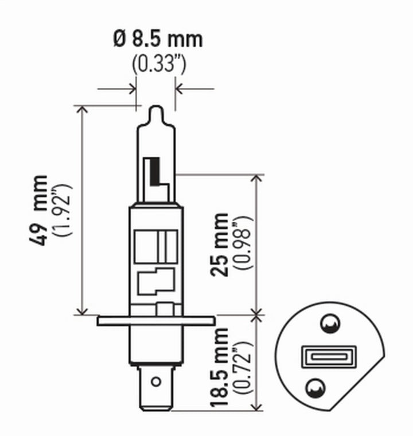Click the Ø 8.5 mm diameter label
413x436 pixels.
click(x=158, y=39)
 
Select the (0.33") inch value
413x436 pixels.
click(x=158, y=63)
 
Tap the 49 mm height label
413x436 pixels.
click(x=40, y=210)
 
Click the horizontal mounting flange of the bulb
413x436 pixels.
click(x=156, y=320)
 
